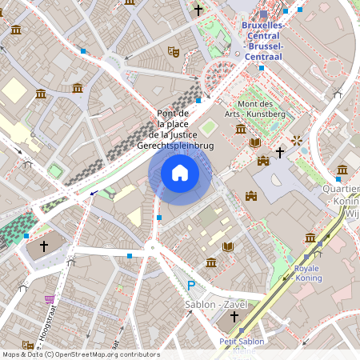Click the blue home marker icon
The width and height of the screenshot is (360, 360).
(180, 173)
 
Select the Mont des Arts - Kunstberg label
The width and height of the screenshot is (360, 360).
(255, 109)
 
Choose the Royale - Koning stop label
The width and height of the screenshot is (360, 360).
(308, 274)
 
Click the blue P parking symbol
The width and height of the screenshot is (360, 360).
(190, 286)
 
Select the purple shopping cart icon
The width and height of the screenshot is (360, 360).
(50, 299)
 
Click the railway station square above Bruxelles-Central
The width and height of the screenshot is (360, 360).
(264, 14)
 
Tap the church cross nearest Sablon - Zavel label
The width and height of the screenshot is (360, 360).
(234, 316)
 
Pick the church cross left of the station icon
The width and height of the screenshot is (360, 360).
(198, 10)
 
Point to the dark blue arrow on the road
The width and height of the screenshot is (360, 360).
(94, 192)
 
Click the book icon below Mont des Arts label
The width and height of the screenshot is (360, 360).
(255, 142)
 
